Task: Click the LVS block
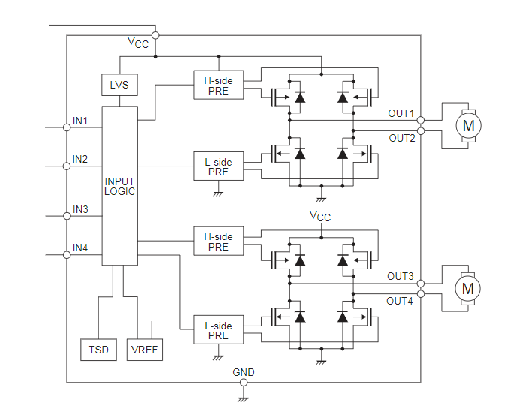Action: (x=119, y=85)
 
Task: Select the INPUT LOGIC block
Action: (x=120, y=185)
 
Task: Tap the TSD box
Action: (x=98, y=349)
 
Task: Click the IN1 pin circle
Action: (x=67, y=127)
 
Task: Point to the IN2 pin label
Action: (x=80, y=159)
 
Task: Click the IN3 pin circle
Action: (x=67, y=216)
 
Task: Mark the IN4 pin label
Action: (x=80, y=247)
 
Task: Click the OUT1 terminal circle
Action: (x=421, y=120)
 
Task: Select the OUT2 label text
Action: (x=401, y=138)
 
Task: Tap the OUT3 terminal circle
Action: (x=421, y=283)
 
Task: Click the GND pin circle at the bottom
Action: (x=244, y=382)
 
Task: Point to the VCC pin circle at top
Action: (x=155, y=34)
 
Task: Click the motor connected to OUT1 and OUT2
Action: (x=467, y=125)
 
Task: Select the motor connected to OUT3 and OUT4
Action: (x=467, y=288)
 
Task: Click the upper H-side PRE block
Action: (x=218, y=85)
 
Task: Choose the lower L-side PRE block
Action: (x=218, y=331)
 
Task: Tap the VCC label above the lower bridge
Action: (x=320, y=217)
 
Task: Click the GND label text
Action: (x=244, y=372)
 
